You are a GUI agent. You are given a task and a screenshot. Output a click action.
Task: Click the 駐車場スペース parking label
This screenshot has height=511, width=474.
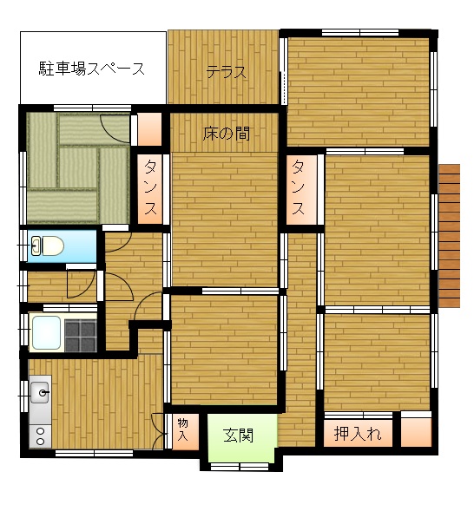tap(92, 69)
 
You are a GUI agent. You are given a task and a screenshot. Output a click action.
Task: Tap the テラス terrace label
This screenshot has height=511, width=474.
tap(227, 72)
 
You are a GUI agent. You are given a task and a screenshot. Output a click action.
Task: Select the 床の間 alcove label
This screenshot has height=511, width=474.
tap(227, 134)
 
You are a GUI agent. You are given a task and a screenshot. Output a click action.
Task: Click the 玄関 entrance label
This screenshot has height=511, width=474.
tap(239, 435)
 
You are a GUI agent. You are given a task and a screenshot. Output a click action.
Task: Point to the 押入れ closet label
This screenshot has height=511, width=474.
tap(358, 433)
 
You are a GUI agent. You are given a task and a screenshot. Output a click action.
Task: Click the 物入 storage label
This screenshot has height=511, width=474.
tap(182, 429)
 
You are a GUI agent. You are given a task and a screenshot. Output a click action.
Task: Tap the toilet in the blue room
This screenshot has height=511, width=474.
tap(47, 246)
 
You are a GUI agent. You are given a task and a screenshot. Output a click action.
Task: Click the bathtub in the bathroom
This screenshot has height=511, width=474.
tap(46, 332)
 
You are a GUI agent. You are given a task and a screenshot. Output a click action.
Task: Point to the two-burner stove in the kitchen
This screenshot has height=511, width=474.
tap(41, 436)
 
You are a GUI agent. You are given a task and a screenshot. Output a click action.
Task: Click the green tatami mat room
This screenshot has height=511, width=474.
tap(78, 168)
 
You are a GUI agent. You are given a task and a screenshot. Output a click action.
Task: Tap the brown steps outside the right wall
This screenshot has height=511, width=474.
tap(449, 236)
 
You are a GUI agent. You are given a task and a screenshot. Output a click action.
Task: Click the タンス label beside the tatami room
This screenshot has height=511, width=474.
tap(150, 187)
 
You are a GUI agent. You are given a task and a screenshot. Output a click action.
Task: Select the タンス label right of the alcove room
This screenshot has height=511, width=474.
tap(299, 187)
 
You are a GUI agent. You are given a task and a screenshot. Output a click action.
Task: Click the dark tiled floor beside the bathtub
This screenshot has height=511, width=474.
tap(81, 336)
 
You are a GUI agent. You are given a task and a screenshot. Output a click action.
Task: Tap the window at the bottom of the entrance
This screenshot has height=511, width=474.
tap(240, 467)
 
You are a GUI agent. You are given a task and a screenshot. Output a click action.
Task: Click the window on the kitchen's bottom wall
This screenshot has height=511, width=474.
tap(95, 453)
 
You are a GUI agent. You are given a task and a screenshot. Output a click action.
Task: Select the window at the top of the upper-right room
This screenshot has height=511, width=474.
tap(360, 32)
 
